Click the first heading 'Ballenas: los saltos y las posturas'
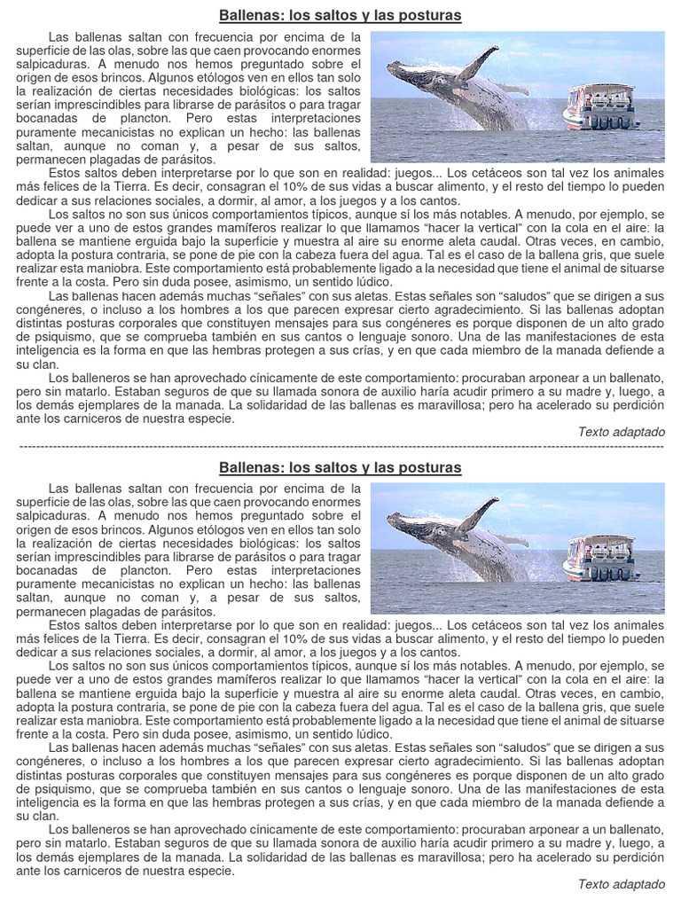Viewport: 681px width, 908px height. [340, 16]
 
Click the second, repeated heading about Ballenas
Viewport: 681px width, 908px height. [340, 467]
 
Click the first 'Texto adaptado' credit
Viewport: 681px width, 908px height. [621, 432]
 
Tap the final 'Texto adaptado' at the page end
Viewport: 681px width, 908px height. [621, 883]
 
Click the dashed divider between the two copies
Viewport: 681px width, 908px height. [340, 445]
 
